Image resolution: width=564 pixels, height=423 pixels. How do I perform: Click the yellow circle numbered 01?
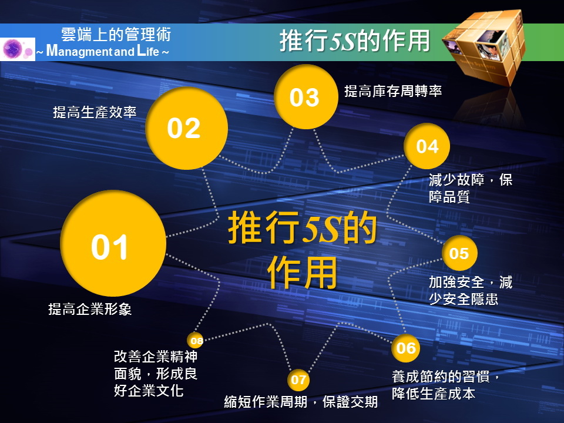113,243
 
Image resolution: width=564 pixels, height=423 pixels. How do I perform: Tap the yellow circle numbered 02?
186,128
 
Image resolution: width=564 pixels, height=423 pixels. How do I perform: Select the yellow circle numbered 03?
305,96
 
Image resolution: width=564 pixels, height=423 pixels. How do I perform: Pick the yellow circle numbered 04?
427,146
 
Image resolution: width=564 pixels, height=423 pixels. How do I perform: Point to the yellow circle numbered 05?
459,253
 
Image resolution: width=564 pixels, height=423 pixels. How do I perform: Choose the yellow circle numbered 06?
406,348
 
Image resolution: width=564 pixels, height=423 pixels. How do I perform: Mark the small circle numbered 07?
298,380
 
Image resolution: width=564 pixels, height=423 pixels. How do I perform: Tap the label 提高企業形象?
90,309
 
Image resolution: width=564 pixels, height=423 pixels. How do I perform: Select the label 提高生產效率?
95,112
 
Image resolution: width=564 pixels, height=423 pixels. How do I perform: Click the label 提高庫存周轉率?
393,91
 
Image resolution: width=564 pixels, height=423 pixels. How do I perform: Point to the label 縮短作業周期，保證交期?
301,401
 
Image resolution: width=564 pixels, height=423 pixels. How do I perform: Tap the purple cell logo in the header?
17,49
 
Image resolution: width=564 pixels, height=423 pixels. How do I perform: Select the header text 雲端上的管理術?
116,35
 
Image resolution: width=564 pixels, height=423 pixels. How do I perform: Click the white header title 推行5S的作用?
355,41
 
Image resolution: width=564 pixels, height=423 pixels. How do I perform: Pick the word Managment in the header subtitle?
79,51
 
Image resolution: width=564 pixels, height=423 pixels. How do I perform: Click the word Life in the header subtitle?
148,51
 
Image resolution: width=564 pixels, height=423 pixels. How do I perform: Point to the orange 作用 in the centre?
302,272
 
